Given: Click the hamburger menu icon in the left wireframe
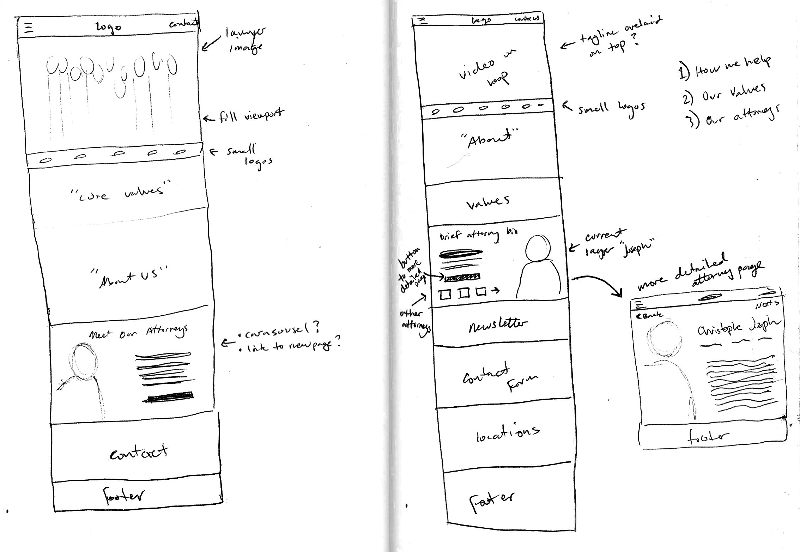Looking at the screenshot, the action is tap(29, 28).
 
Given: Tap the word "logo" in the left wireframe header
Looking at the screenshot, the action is tap(109, 28).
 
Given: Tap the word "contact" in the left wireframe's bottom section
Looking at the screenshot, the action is tap(139, 452).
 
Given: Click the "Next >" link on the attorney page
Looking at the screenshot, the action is tap(766, 304).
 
